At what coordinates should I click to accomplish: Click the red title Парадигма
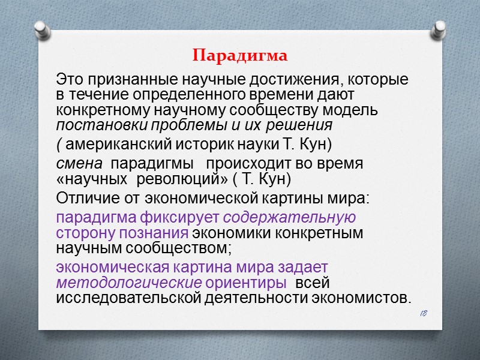point(240,56)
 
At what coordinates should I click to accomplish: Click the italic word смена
point(79,164)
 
